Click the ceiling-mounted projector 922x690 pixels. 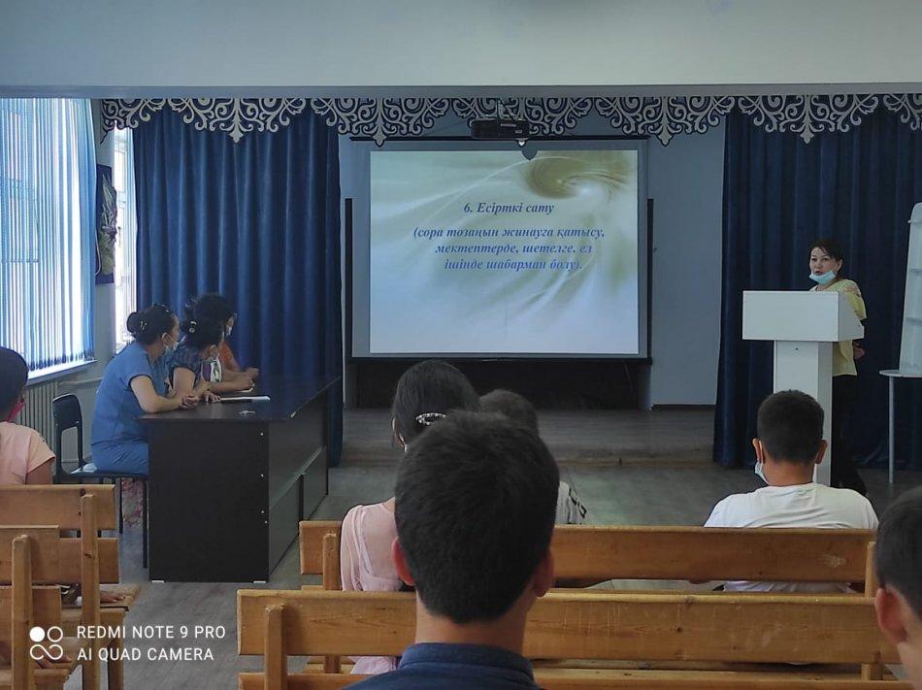point(500,128)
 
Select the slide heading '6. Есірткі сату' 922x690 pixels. point(508,208)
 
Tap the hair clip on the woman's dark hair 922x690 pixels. point(430,418)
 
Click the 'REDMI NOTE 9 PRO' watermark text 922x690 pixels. point(151,633)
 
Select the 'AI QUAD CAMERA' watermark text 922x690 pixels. point(146,654)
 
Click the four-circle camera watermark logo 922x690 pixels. point(47,643)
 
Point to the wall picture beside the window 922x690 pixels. point(106,223)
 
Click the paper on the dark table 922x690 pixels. point(244,399)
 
